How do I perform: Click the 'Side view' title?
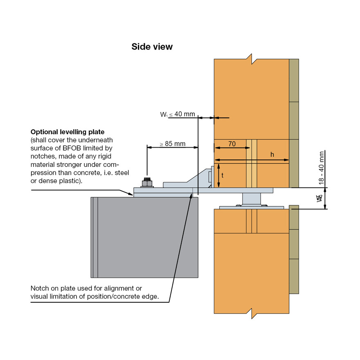tap(152, 47)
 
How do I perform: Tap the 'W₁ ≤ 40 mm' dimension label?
tap(178, 114)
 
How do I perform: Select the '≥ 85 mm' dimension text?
tap(172, 144)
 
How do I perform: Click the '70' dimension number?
tap(232, 144)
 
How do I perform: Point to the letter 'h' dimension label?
tap(272, 154)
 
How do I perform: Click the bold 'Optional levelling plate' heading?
tap(67, 132)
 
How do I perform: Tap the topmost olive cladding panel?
tap(294, 80)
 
